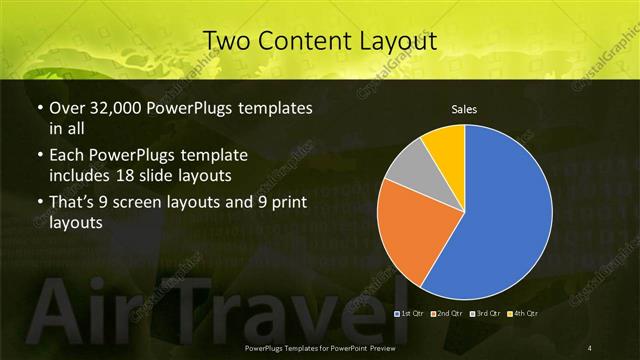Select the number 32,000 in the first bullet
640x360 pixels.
[x=112, y=107]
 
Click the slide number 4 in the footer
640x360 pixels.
[x=591, y=347]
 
